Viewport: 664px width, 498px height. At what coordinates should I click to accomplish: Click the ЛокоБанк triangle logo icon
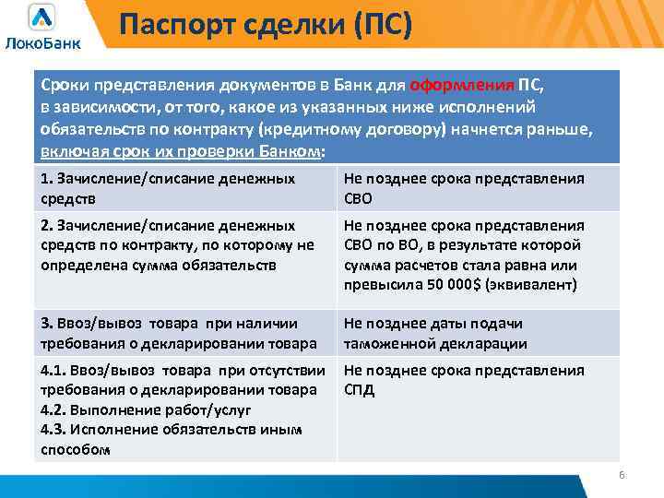click(x=41, y=18)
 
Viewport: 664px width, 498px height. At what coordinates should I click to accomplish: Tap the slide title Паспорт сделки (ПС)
click(x=266, y=22)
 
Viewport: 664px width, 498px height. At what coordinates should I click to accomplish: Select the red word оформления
click(x=461, y=86)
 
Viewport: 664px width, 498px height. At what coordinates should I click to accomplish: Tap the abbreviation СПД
click(x=359, y=390)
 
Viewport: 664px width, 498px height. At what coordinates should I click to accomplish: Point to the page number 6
click(x=621, y=475)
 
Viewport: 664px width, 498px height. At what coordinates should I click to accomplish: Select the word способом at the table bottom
click(x=76, y=450)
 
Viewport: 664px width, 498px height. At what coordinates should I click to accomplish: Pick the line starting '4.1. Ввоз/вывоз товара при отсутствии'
click(x=184, y=370)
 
